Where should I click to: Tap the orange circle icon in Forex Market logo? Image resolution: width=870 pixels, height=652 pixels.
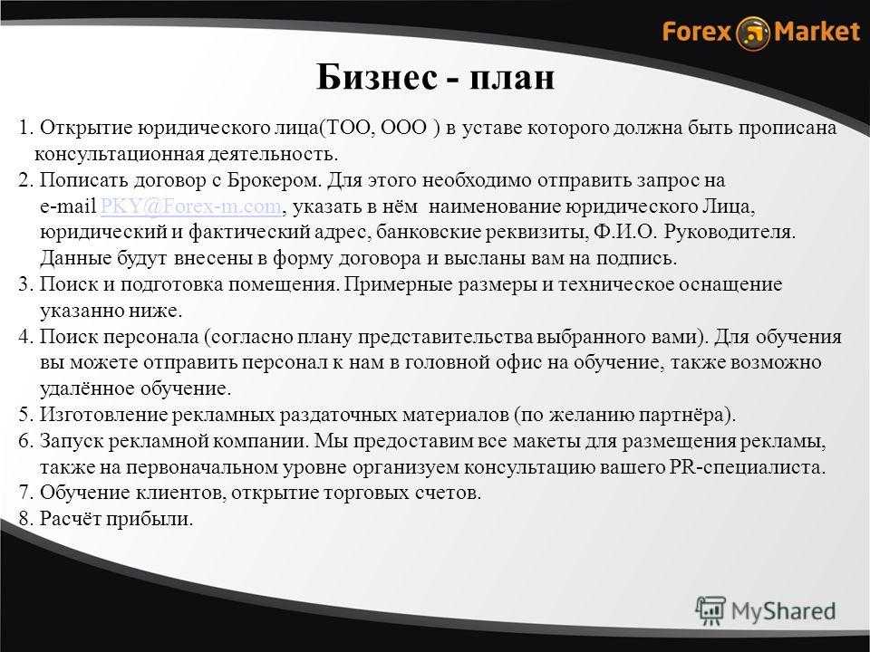point(753,33)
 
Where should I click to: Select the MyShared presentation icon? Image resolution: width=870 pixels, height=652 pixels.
point(710,611)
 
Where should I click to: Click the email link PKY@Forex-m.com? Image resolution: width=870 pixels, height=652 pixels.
point(190,206)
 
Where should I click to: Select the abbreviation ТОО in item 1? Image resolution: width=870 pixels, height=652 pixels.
point(347,128)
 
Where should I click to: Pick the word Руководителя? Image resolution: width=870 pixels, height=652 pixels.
point(729,233)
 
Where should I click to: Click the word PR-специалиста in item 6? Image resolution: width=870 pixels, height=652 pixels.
point(745,467)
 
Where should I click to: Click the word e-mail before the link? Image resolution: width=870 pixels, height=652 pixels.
point(68,206)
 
